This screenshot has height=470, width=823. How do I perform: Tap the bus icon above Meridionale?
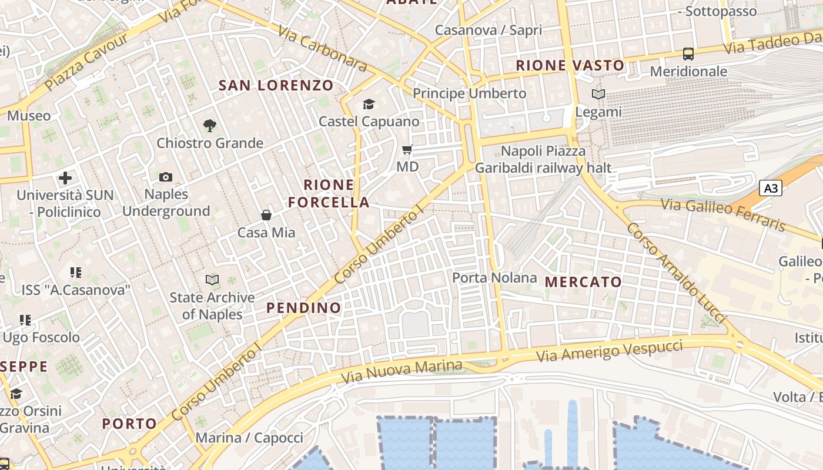tap(688, 54)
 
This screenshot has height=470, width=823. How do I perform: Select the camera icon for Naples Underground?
tap(166, 177)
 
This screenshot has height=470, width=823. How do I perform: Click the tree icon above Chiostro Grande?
tap(209, 125)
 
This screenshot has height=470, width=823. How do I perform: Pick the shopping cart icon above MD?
tap(407, 150)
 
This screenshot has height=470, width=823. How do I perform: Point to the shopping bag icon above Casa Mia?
tap(266, 215)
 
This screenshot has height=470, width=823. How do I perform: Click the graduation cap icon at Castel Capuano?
tap(369, 105)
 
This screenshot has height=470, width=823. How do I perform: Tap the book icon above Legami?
tap(598, 94)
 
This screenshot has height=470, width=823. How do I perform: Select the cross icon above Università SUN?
tap(65, 177)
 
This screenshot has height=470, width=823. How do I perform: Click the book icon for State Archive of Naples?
tap(212, 280)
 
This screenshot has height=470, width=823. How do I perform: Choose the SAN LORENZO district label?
tap(276, 85)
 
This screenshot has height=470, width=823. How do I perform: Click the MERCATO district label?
tap(583, 282)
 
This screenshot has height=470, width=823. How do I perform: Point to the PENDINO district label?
tap(303, 308)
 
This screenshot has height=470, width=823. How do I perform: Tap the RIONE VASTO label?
tap(570, 65)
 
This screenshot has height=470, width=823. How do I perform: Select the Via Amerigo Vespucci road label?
tap(610, 351)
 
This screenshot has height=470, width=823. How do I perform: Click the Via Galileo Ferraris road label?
tap(723, 214)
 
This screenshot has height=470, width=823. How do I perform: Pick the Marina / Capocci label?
tap(249, 438)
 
